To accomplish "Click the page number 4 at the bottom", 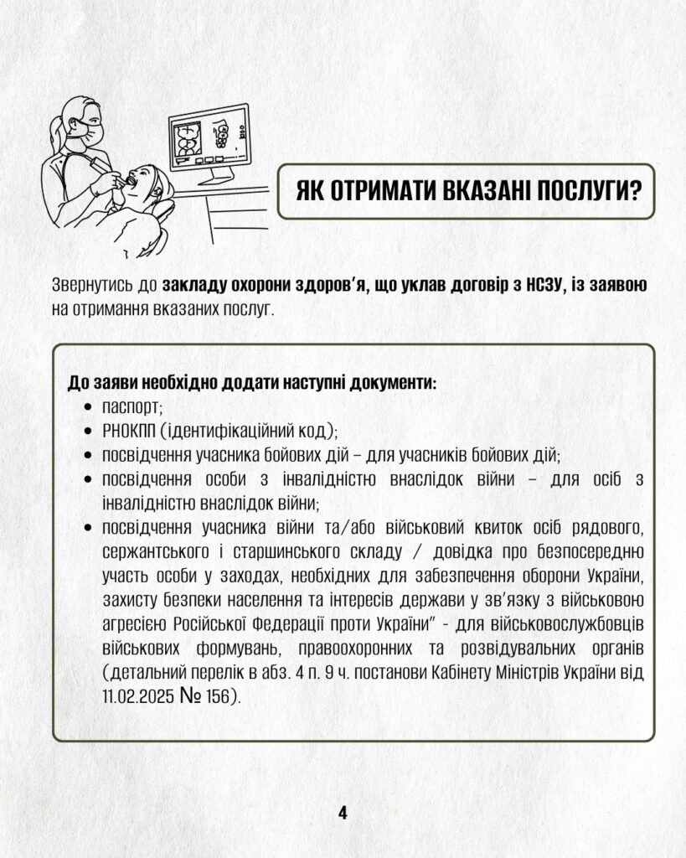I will (343, 812).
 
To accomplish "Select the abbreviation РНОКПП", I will (128, 432).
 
